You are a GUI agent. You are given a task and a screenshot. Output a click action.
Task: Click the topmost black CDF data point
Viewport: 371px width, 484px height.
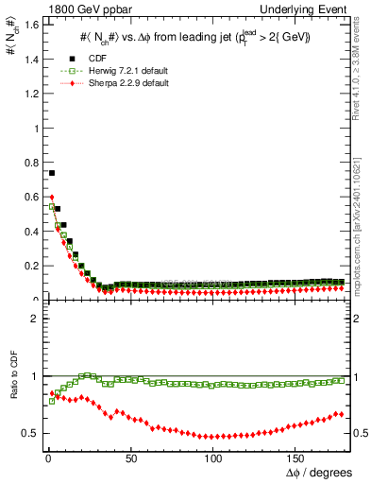point(52,173)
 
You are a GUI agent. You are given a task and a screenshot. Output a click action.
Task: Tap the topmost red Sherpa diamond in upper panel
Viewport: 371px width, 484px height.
point(52,197)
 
